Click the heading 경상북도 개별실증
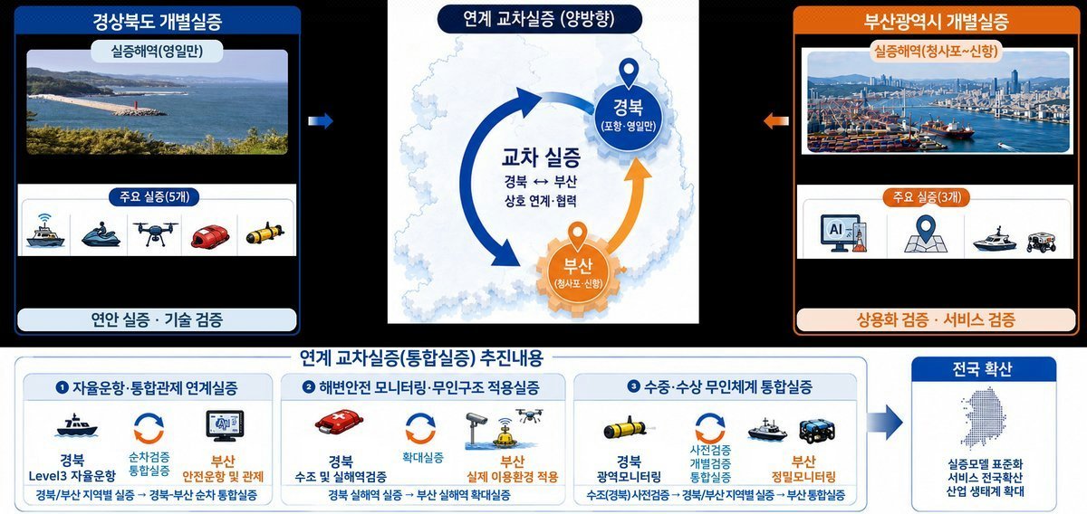[158, 22]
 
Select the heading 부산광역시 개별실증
[936, 22]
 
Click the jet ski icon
[101, 234]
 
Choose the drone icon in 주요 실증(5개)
[155, 233]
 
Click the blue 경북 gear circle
[629, 118]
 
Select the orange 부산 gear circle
[578, 273]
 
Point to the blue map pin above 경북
[629, 72]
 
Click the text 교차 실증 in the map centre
[541, 157]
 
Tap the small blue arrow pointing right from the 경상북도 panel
[321, 120]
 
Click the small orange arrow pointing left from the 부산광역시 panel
[776, 120]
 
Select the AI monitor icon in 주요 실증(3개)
[843, 233]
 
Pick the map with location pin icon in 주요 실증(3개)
[926, 233]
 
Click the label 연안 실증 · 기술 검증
[157, 320]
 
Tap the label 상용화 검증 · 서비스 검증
[936, 320]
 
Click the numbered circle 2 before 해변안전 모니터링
[309, 387]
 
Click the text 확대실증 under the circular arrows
[423, 457]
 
